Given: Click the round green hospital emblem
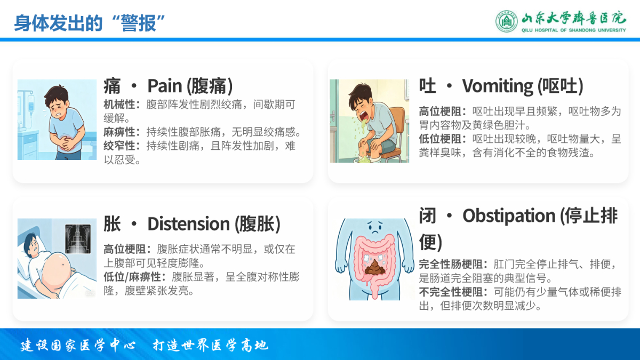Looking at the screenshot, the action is (x=506, y=21).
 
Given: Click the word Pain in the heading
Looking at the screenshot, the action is (x=165, y=86).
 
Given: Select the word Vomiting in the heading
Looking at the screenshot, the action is (x=498, y=86).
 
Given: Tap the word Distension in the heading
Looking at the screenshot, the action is (x=189, y=223).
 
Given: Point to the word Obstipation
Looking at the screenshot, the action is (x=509, y=215).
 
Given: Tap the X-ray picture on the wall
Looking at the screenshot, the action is (x=78, y=239).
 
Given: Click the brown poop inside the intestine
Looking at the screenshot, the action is (x=374, y=267).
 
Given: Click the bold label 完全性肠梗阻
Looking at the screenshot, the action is (x=451, y=265).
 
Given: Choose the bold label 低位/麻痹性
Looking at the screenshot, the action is (x=132, y=277).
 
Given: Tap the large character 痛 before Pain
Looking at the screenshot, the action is (x=112, y=86).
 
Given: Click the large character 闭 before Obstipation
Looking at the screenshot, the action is (x=428, y=215).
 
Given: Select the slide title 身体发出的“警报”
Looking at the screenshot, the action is (x=90, y=23).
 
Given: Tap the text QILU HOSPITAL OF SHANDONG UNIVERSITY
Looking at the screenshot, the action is (x=573, y=30).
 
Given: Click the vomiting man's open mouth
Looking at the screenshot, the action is (x=364, y=115).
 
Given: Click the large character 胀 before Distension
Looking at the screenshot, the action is (x=112, y=223).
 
